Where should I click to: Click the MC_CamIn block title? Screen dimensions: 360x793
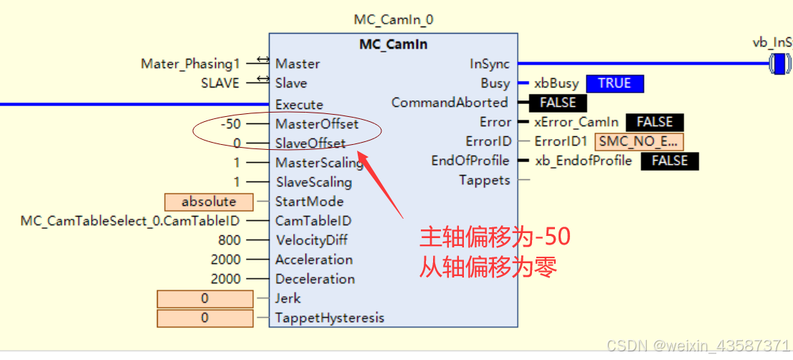pyautogui.click(x=393, y=44)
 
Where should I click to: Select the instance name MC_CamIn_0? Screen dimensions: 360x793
pyautogui.click(x=393, y=20)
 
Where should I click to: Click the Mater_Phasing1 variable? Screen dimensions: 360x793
pyautogui.click(x=190, y=64)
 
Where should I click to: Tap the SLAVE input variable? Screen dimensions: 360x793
pyautogui.click(x=220, y=83)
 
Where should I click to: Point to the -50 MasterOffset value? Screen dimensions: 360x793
pyautogui.click(x=230, y=123)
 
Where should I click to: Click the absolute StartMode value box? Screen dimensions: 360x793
pyautogui.click(x=209, y=202)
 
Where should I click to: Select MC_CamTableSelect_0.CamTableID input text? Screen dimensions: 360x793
pyautogui.click(x=130, y=221)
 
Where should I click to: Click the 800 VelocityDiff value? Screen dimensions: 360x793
pyautogui.click(x=229, y=240)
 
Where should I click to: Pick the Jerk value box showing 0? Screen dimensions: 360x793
pyautogui.click(x=205, y=298)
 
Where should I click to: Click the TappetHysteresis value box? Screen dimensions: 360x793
pyautogui.click(x=205, y=318)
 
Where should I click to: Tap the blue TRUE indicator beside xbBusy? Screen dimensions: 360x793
pyautogui.click(x=614, y=83)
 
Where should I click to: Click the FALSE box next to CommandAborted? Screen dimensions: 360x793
pyautogui.click(x=558, y=103)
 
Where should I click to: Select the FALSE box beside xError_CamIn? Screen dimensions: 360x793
pyautogui.click(x=655, y=122)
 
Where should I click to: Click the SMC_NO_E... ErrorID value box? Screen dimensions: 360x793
pyautogui.click(x=639, y=141)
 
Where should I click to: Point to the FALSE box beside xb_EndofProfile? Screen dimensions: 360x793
pyautogui.click(x=670, y=161)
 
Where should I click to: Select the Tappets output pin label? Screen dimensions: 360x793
pyautogui.click(x=485, y=180)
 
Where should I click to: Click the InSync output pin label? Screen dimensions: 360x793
pyautogui.click(x=490, y=64)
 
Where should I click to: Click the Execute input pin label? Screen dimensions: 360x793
pyautogui.click(x=299, y=105)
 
